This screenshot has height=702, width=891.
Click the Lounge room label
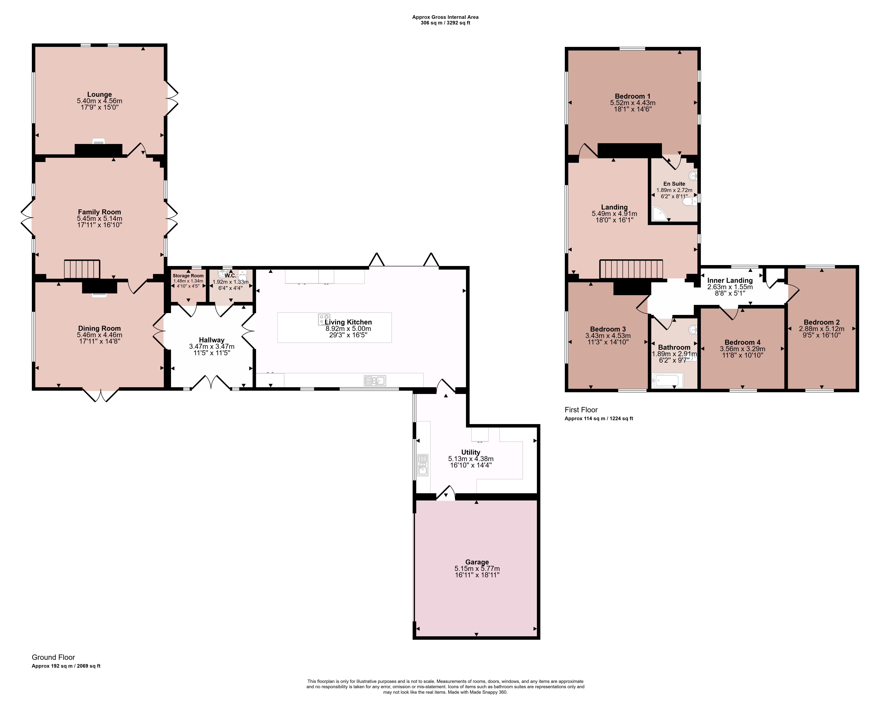click(99, 95)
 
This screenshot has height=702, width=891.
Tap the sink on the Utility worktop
click(423, 465)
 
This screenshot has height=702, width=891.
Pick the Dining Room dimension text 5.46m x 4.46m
click(99, 335)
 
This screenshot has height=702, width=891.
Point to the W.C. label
click(230, 275)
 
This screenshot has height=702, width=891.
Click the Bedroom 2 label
click(821, 322)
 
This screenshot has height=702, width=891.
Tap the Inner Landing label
click(730, 280)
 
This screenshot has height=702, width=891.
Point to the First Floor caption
click(581, 410)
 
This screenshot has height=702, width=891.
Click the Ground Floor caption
click(54, 657)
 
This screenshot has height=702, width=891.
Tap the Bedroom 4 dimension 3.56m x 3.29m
click(743, 349)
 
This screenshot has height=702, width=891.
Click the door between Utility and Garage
click(446, 493)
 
